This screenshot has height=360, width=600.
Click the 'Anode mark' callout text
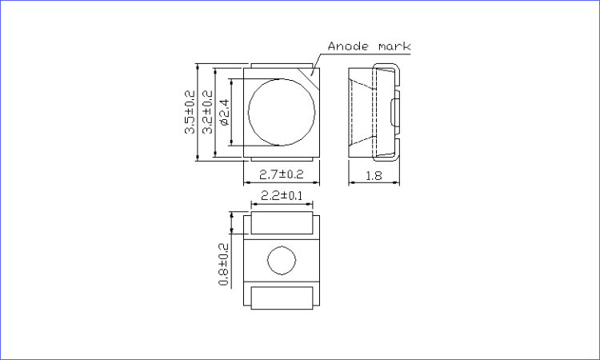[369, 46]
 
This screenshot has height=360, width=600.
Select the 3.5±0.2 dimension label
[190, 112]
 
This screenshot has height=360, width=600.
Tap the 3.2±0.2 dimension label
[207, 112]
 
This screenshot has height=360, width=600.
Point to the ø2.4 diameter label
[225, 112]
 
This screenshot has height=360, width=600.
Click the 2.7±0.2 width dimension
[282, 174]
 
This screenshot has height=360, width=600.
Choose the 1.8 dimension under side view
[374, 176]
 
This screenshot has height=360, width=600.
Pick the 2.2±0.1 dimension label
[282, 196]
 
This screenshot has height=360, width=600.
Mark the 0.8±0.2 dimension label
[223, 264]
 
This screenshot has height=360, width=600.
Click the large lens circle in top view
[248, 113]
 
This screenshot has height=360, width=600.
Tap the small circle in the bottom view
[267, 260]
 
